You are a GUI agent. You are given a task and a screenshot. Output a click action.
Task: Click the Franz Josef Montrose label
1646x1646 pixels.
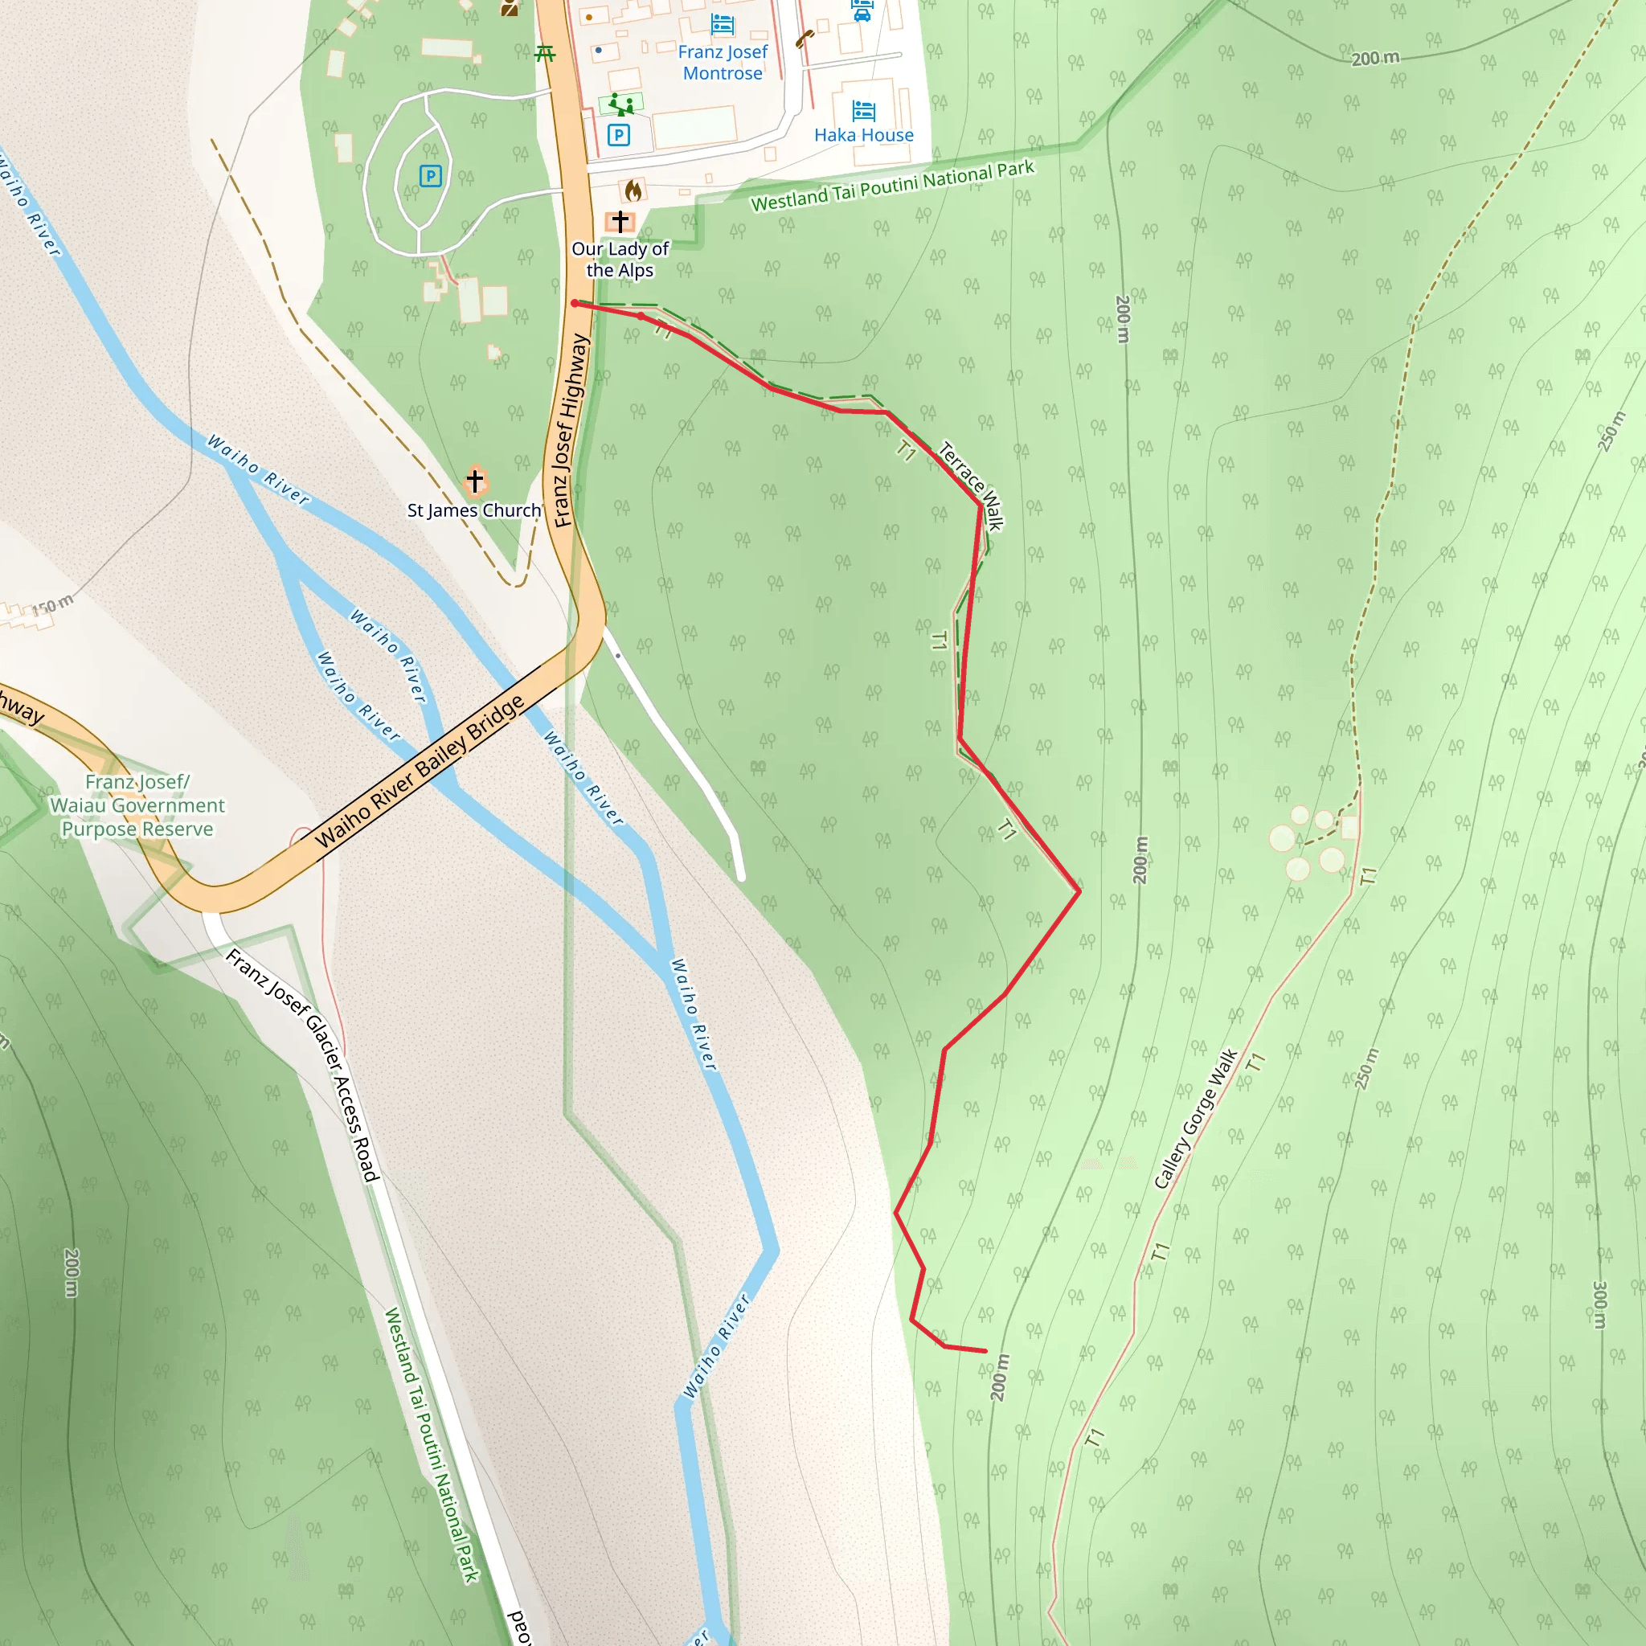(x=723, y=62)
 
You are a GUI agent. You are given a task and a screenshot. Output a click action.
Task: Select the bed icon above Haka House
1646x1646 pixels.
(x=863, y=110)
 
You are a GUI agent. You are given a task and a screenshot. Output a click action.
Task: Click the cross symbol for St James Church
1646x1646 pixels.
(x=474, y=481)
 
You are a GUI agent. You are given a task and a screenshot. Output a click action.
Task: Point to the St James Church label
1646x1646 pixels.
(x=473, y=510)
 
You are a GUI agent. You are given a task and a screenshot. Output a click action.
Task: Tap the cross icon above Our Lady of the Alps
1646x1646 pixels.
(x=620, y=222)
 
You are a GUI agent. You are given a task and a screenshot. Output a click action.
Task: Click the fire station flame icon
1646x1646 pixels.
(x=633, y=189)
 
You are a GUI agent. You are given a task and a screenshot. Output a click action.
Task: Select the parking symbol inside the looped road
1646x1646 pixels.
(x=430, y=176)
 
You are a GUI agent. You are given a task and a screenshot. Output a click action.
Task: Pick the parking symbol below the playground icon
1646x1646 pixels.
(x=619, y=134)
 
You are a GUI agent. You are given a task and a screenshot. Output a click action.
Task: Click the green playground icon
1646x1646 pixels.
(x=621, y=105)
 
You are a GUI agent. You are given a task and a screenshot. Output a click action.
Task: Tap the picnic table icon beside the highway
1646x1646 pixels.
(x=545, y=54)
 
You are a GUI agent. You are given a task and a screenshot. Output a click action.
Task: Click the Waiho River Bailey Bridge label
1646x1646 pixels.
(x=420, y=772)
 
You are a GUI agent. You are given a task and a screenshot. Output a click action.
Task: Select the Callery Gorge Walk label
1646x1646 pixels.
(x=1195, y=1119)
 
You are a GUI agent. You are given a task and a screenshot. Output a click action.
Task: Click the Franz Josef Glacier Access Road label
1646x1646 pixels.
(x=301, y=1065)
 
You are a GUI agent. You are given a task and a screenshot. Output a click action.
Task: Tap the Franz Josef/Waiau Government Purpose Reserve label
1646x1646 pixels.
(x=137, y=805)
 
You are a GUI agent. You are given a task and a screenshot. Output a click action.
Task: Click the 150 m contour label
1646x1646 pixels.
(x=53, y=607)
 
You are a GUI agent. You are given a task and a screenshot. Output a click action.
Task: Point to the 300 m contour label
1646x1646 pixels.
(x=1599, y=1304)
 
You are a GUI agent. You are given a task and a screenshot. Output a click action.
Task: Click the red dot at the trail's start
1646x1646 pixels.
(x=575, y=303)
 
